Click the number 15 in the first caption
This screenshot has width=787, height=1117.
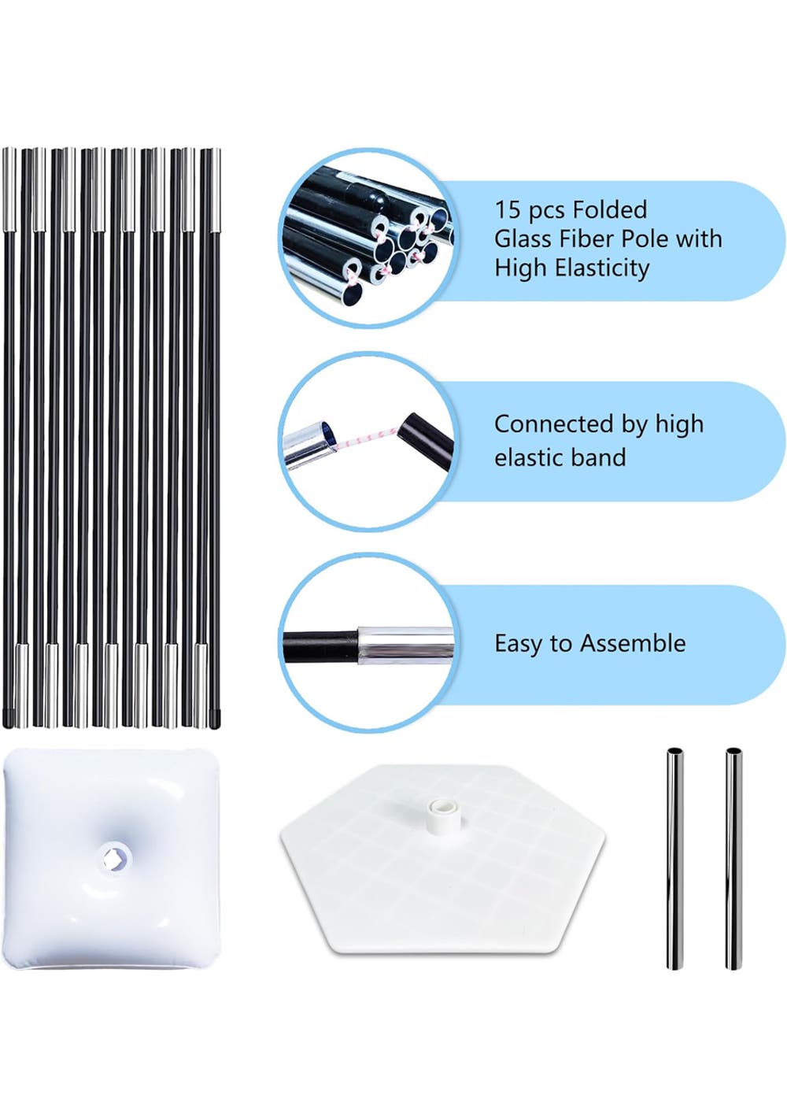(508, 210)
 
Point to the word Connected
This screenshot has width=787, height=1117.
(554, 424)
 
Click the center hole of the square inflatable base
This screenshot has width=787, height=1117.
(115, 856)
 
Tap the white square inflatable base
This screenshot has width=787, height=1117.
(115, 859)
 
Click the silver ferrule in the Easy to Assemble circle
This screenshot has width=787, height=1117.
(405, 645)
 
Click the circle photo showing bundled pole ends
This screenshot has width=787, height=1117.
(367, 239)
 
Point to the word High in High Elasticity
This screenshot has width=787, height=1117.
(521, 268)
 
